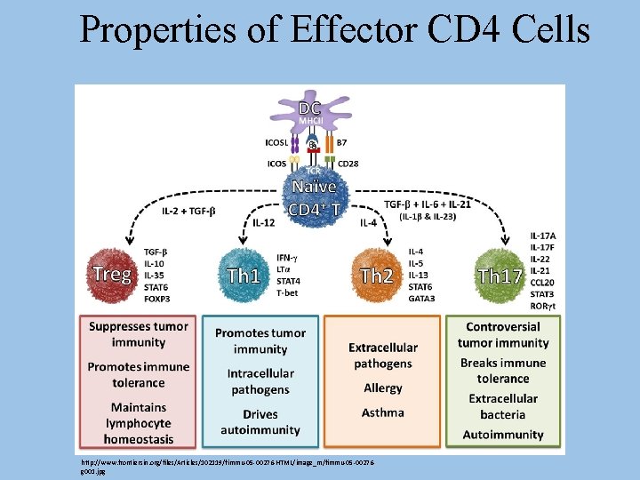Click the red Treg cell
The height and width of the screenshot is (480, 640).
point(111,274)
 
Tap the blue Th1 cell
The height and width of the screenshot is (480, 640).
point(243,275)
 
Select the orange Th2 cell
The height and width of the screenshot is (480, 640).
point(376,275)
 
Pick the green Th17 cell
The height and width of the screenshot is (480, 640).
point(499,275)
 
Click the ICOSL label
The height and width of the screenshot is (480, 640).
point(276,141)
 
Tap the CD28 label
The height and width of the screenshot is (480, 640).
point(348,163)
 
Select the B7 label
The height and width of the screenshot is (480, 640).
point(342,141)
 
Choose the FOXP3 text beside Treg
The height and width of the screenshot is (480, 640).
point(158,300)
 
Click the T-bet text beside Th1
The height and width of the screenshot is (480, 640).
point(288,292)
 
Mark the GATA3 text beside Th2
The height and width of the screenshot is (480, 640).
point(421,299)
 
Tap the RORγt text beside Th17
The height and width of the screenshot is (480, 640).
point(543,305)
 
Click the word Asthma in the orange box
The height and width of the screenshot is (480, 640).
point(383,412)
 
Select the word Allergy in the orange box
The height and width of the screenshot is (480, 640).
point(383,388)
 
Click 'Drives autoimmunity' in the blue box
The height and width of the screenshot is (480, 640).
point(260,422)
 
